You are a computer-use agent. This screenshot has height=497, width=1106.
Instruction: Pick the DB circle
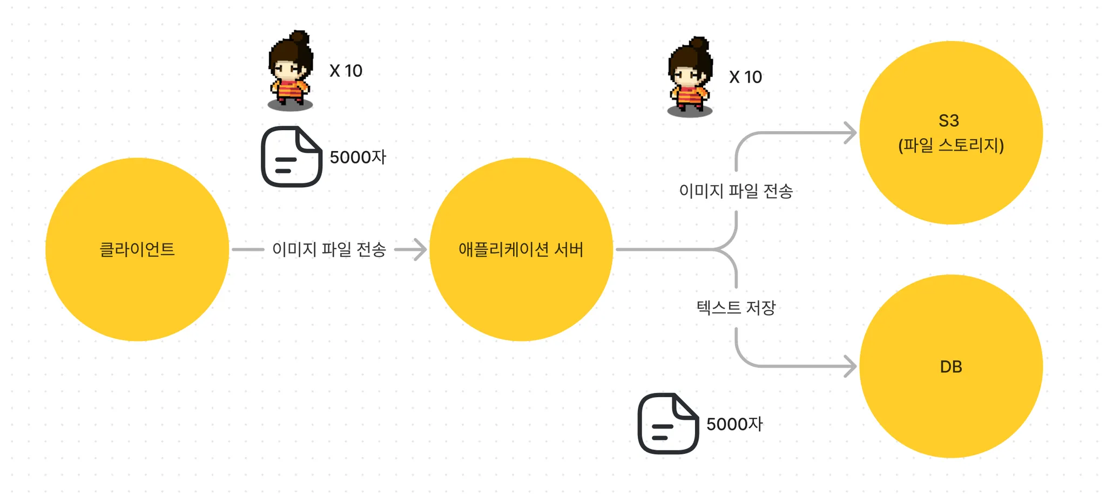950,410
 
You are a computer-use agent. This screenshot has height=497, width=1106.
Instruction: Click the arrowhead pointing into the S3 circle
851,133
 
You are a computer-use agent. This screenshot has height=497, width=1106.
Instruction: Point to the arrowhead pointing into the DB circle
851,366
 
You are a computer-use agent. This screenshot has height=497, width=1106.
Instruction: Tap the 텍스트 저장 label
736,308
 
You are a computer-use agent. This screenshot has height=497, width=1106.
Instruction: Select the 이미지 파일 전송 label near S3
736,190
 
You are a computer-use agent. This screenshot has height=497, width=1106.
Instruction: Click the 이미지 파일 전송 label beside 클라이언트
329,249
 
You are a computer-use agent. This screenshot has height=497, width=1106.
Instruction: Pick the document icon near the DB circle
668,424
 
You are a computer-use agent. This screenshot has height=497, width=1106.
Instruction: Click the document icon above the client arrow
292,156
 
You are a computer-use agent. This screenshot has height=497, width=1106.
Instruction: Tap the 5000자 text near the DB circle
734,424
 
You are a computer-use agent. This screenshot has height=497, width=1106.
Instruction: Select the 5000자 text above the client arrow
358,157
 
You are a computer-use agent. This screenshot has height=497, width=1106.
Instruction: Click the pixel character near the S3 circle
690,78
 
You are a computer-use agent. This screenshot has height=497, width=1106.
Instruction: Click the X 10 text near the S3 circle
745,77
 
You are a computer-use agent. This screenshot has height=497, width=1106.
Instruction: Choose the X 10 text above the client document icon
346,71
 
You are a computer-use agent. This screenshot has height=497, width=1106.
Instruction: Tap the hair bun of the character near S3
699,43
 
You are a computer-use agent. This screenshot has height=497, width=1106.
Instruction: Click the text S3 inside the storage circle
949,120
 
